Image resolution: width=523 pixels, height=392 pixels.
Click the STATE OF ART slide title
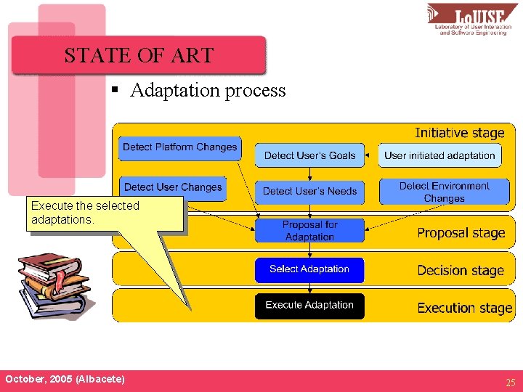coord(139,56)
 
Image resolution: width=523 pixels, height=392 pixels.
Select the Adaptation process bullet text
coord(208,91)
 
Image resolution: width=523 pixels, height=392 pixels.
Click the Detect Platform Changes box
coord(179,147)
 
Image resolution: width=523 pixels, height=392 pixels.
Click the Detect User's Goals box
coord(309,155)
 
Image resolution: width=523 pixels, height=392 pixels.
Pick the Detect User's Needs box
coord(309,191)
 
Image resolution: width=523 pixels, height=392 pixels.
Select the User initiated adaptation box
coord(439,155)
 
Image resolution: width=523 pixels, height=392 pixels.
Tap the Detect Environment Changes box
coord(444,192)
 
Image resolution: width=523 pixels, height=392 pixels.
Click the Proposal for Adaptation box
coord(309,231)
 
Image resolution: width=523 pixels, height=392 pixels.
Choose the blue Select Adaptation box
coord(309,269)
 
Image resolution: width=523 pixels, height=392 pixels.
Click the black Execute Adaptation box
coord(309,305)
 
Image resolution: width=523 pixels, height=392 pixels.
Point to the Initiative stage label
coord(459,133)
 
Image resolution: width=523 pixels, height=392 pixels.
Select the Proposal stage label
coord(461,233)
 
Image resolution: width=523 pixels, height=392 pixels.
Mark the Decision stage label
coord(460,271)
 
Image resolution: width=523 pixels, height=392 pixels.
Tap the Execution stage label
coord(464,308)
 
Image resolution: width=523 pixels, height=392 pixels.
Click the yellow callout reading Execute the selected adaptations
coord(105,213)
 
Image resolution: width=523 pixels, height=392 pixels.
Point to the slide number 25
coord(509,382)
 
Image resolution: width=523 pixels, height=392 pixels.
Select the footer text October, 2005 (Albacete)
coord(65,380)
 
